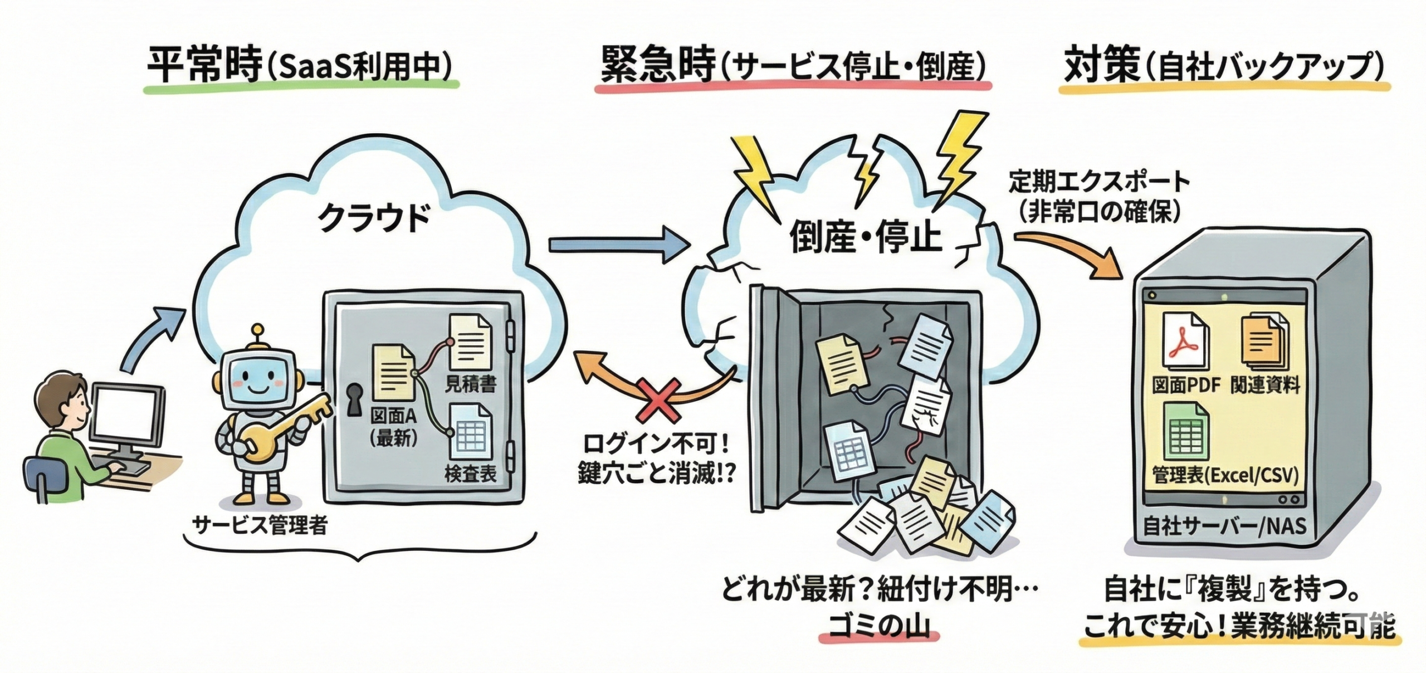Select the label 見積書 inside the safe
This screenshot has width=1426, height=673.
[x=471, y=383]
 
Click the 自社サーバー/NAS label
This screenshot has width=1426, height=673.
[x=1224, y=526]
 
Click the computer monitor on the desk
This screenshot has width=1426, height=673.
[x=128, y=413]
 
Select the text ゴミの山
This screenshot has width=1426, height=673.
[x=878, y=628]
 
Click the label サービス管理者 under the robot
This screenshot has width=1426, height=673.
[x=260, y=525]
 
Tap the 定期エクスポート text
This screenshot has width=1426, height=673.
[x=1099, y=182]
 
